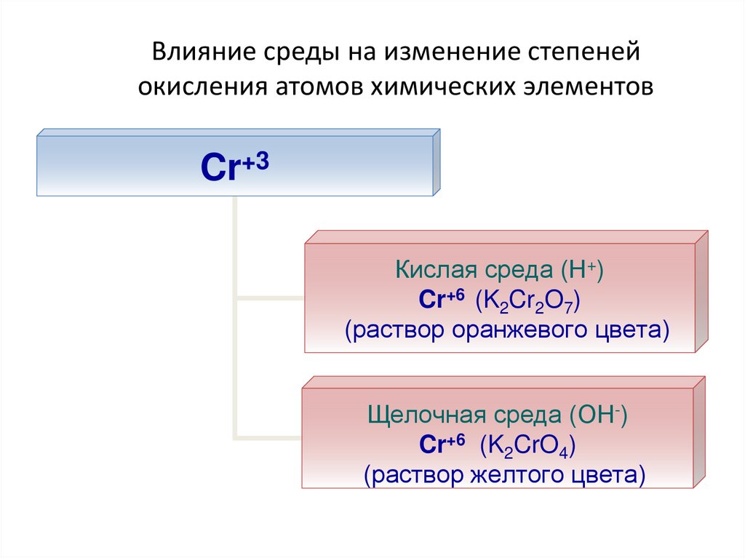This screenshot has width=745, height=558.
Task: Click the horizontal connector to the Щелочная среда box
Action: [268, 437]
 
